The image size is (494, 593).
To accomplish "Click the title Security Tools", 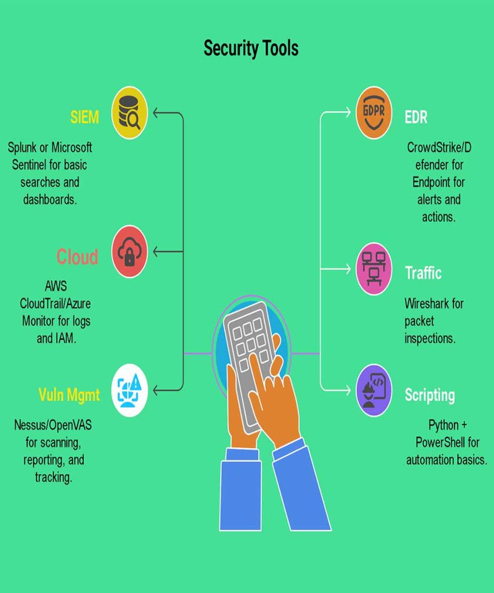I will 251,48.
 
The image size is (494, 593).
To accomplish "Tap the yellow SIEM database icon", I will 130,113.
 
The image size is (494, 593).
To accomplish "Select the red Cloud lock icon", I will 130,252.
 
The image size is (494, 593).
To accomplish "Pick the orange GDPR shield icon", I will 374,113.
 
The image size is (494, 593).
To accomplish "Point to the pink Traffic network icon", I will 374,269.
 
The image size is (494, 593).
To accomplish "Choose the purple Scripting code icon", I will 374,390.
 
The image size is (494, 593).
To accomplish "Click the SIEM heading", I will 85,117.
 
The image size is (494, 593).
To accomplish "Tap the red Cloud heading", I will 77,257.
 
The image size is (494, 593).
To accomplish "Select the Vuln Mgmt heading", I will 69,395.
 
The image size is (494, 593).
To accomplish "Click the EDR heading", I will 416,118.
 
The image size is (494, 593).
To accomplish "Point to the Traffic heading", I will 423,273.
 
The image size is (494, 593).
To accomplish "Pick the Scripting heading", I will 429,395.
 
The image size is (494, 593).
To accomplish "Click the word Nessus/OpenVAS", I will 53,426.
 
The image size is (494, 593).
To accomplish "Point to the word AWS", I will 56,286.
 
